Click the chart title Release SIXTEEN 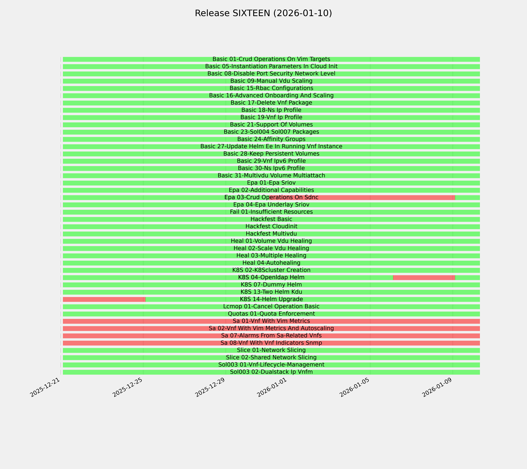tap(263, 13)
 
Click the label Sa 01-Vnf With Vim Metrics tap(271, 321)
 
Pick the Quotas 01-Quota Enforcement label tap(271, 314)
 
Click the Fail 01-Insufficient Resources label tap(271, 212)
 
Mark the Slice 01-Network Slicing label tap(271, 350)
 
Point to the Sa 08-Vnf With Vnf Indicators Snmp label tap(271, 343)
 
